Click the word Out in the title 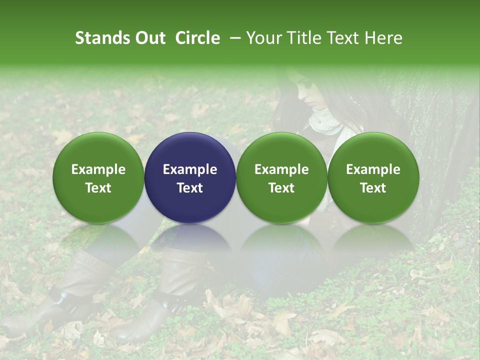click(x=148, y=38)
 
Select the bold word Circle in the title click(x=197, y=38)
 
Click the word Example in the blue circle click(x=190, y=169)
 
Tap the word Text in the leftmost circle click(x=98, y=188)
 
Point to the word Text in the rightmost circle click(x=373, y=188)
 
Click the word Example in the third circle click(x=281, y=169)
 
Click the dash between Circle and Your click(x=233, y=38)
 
